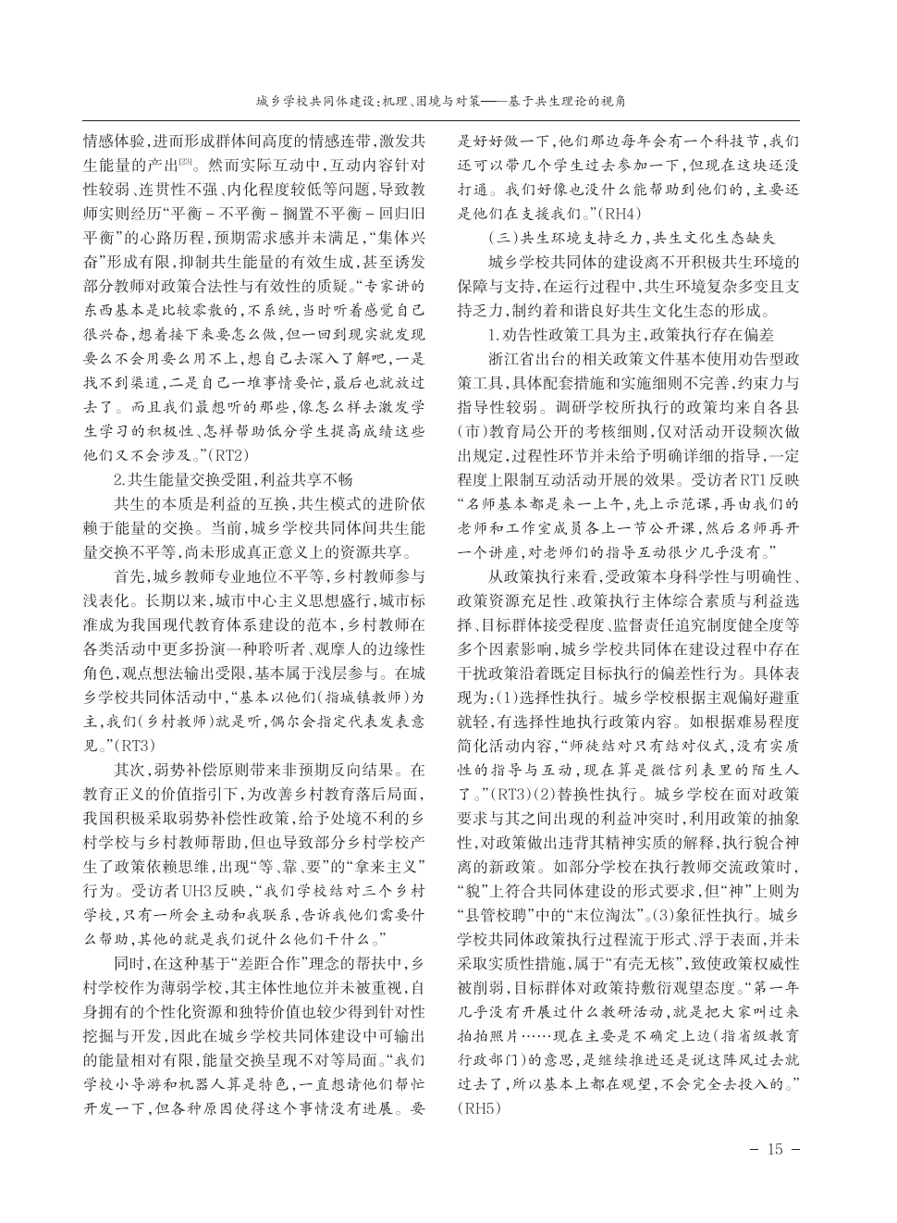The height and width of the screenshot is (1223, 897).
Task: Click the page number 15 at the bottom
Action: point(774,1149)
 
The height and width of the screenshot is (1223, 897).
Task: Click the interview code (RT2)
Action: point(227,454)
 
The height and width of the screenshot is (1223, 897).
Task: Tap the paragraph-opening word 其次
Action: point(129,767)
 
